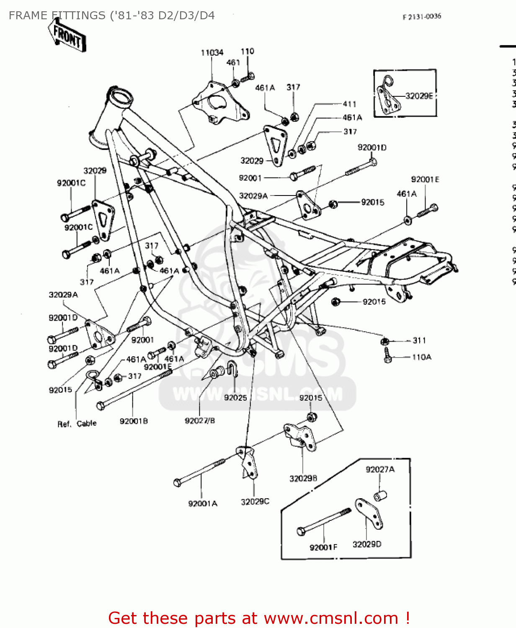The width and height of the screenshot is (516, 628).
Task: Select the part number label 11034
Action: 212,53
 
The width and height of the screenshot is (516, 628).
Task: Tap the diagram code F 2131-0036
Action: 422,17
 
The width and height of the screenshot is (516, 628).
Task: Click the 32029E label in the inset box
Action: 419,96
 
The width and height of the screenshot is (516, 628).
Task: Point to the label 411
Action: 349,104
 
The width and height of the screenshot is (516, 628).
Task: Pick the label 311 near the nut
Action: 419,340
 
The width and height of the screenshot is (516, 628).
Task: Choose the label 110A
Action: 421,357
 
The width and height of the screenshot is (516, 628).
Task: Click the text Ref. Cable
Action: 77,424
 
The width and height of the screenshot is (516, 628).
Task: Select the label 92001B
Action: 134,421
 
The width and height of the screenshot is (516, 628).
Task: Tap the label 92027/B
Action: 200,420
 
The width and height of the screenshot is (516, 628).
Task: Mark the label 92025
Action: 235,397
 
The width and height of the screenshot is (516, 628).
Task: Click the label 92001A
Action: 203,503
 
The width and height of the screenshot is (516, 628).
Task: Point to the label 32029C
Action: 255,502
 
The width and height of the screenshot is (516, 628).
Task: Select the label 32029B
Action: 303,478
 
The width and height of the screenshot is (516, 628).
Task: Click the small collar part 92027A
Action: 380,496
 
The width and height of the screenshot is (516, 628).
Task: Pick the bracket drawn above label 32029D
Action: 369,512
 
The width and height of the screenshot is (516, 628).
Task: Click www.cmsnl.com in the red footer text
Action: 330,618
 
